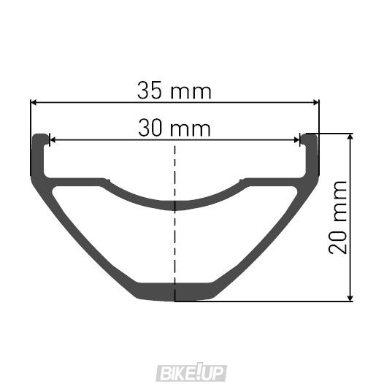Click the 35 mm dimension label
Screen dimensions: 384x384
coord(174,91)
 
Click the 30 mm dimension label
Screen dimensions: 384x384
coord(174,128)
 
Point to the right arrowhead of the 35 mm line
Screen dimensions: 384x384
coord(316,103)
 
